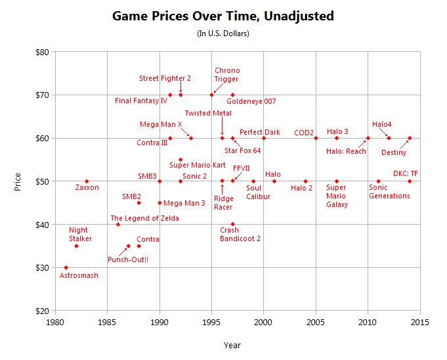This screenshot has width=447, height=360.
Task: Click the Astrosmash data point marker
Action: pyautogui.click(x=66, y=267)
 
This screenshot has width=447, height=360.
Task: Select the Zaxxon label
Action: pyautogui.click(x=87, y=188)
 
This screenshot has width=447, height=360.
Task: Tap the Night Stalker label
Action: pyautogui.click(x=81, y=235)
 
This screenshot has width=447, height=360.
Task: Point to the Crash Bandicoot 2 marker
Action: pyautogui.click(x=232, y=224)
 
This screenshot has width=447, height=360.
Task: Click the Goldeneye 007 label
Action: pyautogui.click(x=251, y=102)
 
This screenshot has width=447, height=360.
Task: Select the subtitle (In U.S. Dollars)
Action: pyautogui.click(x=223, y=33)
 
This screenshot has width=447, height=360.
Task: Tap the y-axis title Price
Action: pyautogui.click(x=18, y=181)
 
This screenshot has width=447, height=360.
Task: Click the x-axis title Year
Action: pyautogui.click(x=232, y=345)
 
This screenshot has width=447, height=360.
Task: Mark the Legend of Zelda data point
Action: pyautogui.click(x=118, y=224)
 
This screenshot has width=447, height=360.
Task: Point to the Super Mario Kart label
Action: pyautogui.click(x=198, y=165)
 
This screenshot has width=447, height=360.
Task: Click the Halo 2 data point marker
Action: pyautogui.click(x=305, y=181)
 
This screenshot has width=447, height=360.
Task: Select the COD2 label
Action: pyautogui.click(x=303, y=133)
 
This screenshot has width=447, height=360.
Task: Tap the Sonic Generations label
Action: pyautogui.click(x=389, y=192)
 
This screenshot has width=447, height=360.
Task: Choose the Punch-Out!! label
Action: pyautogui.click(x=128, y=259)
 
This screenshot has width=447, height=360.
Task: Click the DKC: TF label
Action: pyautogui.click(x=406, y=174)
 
